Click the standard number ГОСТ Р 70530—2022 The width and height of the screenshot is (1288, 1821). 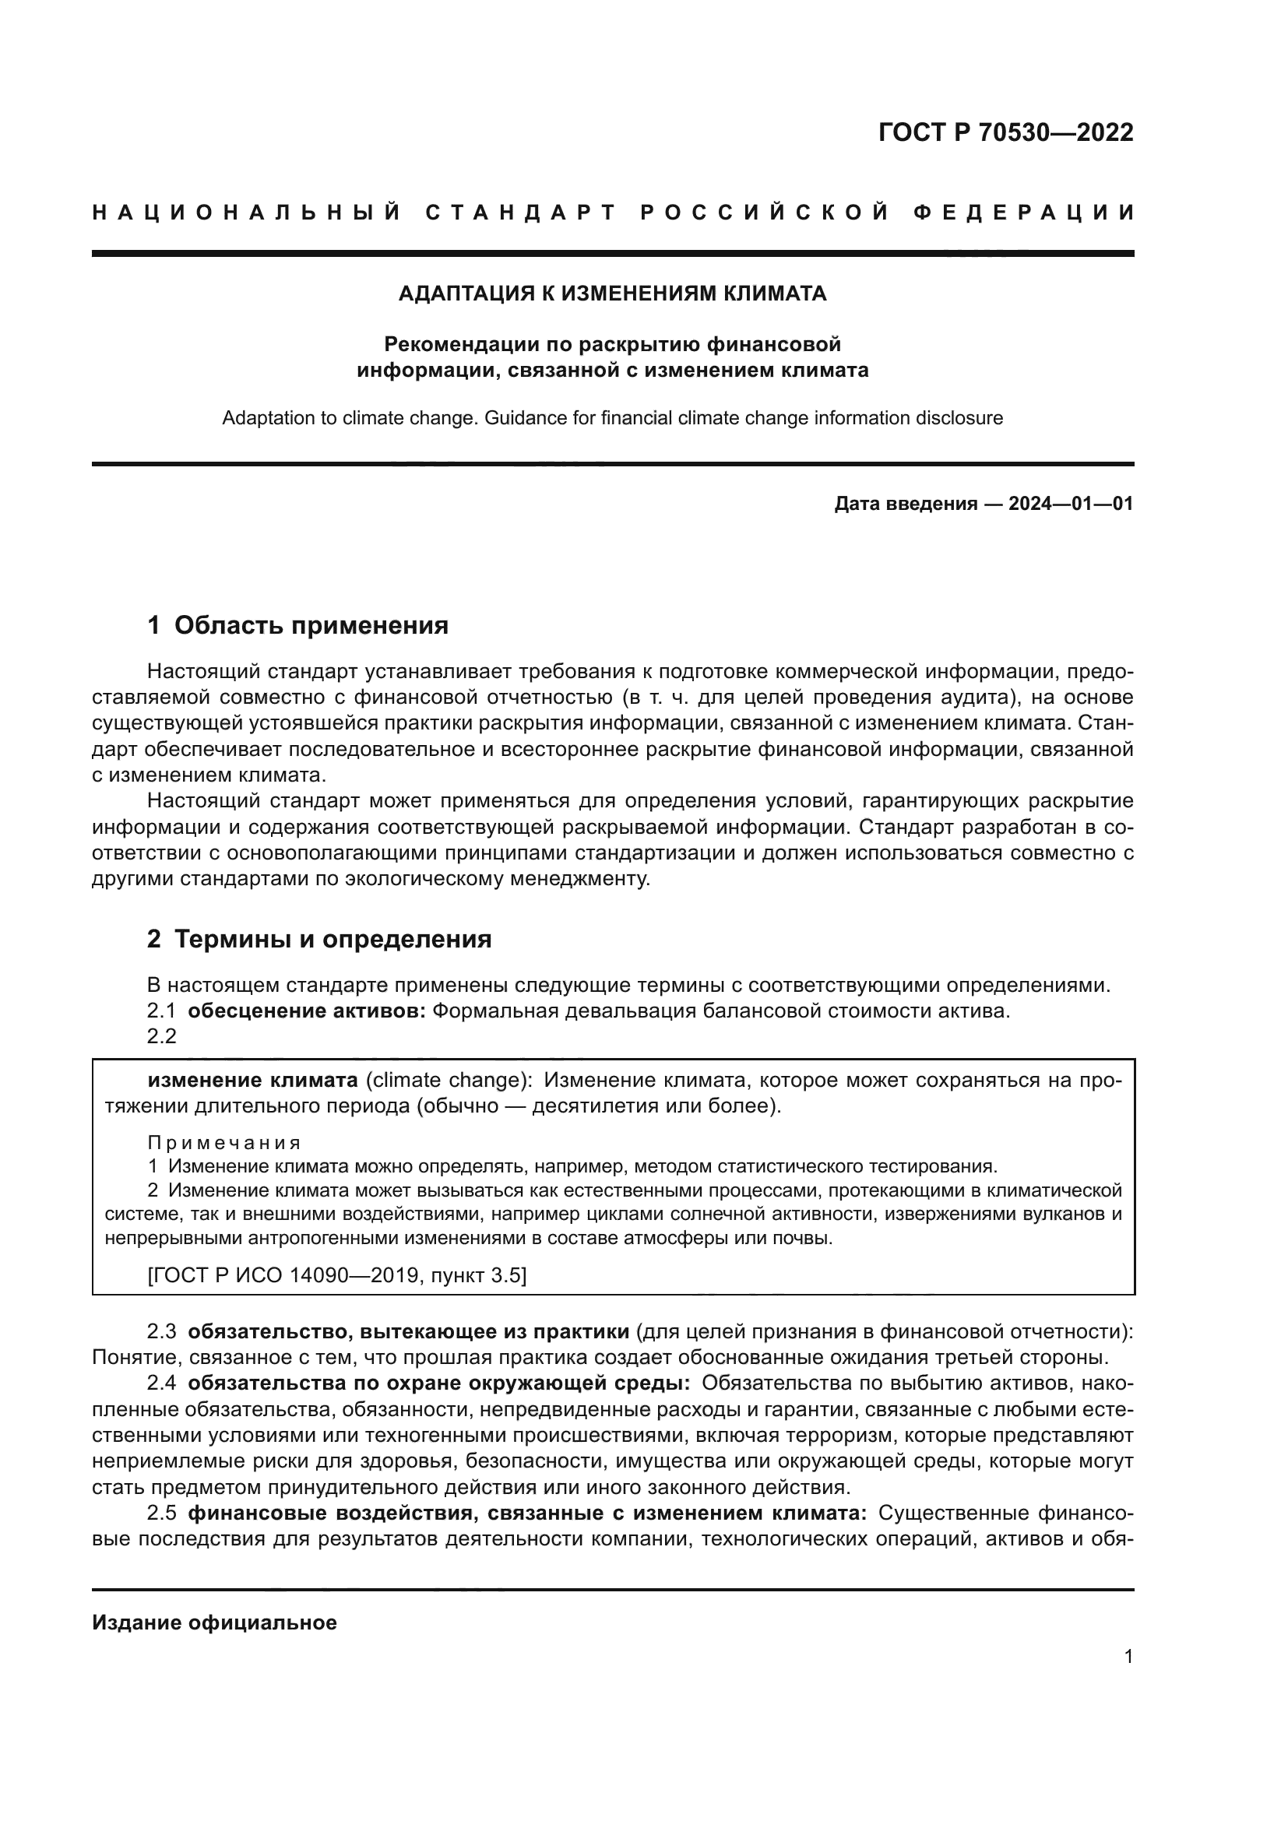tap(1005, 132)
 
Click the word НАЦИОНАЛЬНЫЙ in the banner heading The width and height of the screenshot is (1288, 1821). tap(247, 213)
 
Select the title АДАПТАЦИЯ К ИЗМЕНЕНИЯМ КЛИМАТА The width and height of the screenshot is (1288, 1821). tap(611, 294)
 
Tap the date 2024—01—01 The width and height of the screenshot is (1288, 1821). tap(1070, 504)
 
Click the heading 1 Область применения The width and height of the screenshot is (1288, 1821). tap(297, 625)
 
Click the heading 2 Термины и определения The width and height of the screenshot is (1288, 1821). tap(318, 939)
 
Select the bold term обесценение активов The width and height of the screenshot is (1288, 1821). tap(307, 1011)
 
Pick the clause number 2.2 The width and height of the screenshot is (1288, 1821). tap(161, 1036)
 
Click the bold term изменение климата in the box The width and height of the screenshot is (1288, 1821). tap(253, 1081)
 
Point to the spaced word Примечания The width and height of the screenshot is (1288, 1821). tap(224, 1143)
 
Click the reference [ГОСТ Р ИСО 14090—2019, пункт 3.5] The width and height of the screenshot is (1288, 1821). tap(336, 1275)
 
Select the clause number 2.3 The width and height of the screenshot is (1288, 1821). tap(161, 1331)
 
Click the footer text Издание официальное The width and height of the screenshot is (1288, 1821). tap(214, 1622)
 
